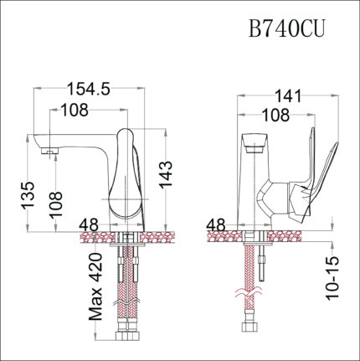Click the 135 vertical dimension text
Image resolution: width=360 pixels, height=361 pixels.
tap(25, 197)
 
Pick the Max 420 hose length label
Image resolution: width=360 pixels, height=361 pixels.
tap(98, 289)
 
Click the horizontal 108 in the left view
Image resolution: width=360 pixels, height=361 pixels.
tap(74, 110)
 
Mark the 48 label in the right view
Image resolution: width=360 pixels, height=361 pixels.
tap(216, 226)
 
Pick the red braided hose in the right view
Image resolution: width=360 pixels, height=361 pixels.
tap(250, 268)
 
